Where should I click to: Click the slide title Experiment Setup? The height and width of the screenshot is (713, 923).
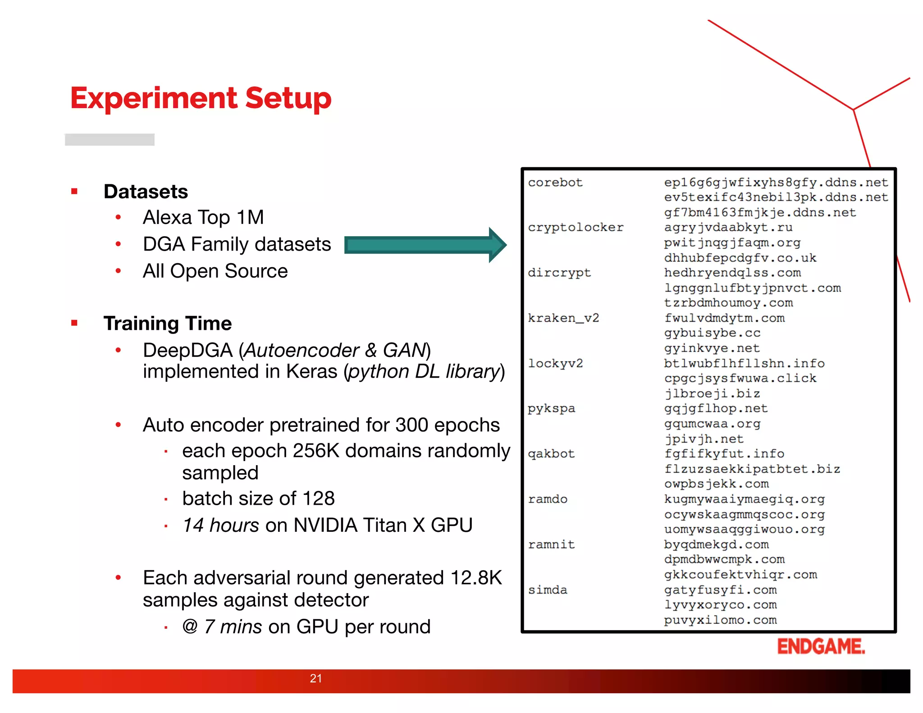[201, 98]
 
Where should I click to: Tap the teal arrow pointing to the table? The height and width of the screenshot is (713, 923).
[424, 245]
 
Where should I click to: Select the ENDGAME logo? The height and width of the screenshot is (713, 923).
[821, 646]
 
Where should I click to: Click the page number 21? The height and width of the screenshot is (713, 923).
[316, 678]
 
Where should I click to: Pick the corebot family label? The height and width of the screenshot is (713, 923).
[555, 183]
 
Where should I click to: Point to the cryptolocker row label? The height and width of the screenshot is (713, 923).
[576, 228]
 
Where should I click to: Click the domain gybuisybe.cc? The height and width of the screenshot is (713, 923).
[712, 333]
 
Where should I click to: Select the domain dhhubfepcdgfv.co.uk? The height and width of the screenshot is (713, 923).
[740, 258]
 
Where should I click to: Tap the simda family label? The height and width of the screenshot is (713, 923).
[548, 590]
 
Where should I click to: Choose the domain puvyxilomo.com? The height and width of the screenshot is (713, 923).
[720, 620]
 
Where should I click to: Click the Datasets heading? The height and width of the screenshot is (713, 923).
[146, 192]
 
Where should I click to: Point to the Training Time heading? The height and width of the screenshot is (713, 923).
[167, 324]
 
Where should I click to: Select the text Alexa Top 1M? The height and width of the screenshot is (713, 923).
[203, 218]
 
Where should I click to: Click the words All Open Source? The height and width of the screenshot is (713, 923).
[215, 271]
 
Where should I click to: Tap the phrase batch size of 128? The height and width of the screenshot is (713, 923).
[258, 498]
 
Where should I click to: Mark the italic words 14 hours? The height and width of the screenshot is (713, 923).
[221, 526]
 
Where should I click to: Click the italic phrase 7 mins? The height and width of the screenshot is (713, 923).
[233, 627]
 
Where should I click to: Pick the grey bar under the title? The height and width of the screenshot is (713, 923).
[110, 140]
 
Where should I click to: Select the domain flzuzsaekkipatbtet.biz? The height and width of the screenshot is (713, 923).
[752, 469]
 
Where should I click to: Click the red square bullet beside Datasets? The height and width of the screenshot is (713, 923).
[74, 192]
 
